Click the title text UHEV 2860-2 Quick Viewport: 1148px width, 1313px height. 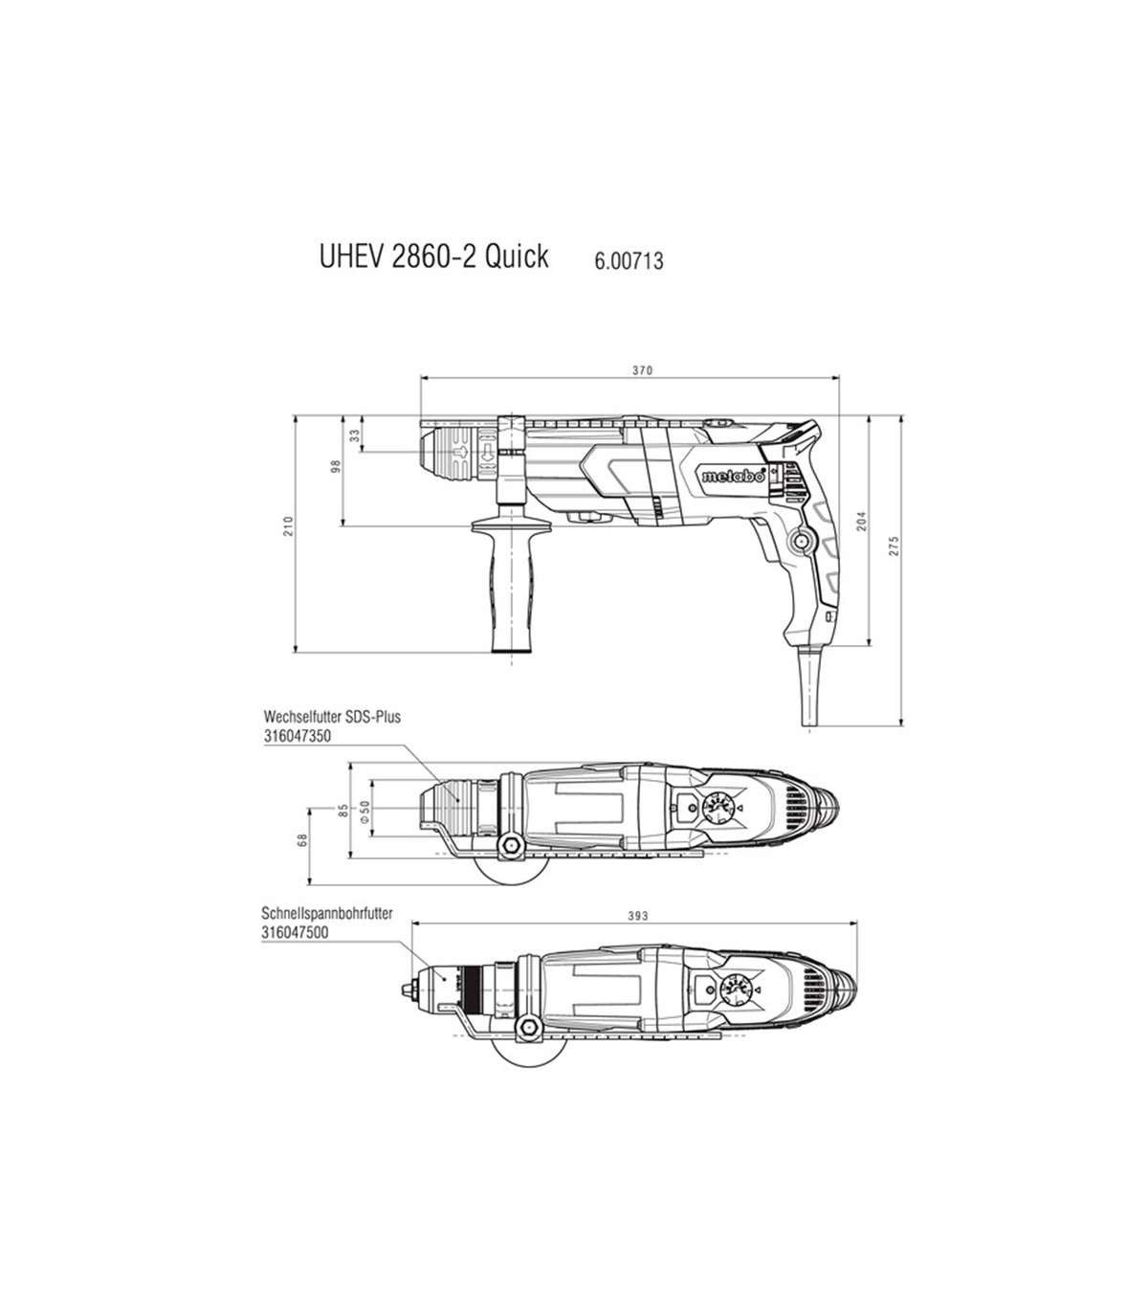click(434, 256)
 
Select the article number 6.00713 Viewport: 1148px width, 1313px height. click(629, 261)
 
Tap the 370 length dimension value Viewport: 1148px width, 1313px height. click(642, 370)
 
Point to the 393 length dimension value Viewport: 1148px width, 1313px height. click(638, 917)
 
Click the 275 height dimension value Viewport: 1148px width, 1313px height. click(894, 545)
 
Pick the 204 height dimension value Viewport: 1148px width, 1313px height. click(861, 522)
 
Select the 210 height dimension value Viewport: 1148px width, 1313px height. click(289, 526)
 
